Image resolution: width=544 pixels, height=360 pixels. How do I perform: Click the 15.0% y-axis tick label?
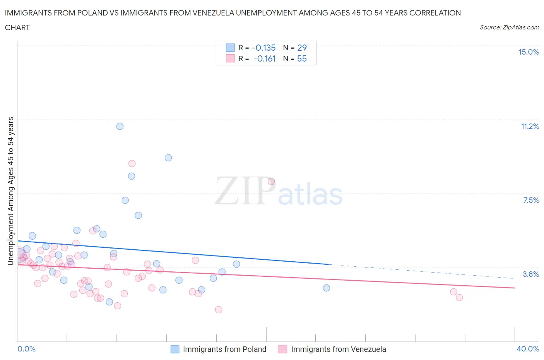click(529, 52)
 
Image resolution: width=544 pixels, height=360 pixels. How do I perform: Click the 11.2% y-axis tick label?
click(530, 126)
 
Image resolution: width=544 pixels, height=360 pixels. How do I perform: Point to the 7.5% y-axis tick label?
click(531, 200)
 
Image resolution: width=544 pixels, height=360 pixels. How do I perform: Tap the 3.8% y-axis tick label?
click(531, 274)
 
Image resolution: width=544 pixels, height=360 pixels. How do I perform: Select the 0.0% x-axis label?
click(26, 349)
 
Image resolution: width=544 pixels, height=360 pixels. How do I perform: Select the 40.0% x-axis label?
click(528, 349)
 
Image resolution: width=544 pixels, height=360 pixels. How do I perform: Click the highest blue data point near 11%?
click(120, 126)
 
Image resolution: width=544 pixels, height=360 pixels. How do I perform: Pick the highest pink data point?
click(132, 163)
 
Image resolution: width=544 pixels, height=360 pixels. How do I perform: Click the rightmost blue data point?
click(327, 288)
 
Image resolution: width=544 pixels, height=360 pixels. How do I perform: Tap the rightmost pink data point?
click(459, 297)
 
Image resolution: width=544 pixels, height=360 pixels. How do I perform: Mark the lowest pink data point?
click(219, 309)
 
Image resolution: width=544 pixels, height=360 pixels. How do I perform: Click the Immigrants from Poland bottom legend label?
click(224, 349)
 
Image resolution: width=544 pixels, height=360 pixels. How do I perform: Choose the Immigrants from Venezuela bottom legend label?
click(339, 349)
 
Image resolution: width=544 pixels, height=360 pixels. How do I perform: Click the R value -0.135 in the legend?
click(263, 48)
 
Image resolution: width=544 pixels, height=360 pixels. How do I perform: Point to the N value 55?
click(302, 58)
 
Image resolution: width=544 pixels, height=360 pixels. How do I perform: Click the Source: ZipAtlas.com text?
click(509, 27)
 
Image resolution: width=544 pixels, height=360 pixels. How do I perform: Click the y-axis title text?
click(10, 191)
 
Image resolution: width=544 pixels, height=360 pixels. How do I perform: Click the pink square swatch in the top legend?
click(230, 58)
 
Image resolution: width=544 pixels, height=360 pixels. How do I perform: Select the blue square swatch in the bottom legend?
click(175, 349)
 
